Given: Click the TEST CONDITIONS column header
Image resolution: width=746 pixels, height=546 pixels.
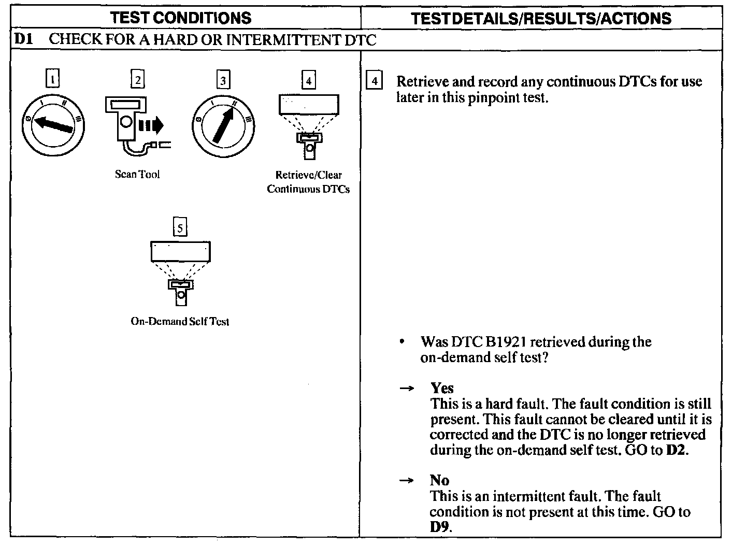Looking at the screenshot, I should click(181, 18).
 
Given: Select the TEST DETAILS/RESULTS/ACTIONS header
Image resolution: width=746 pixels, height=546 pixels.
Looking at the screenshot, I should click(541, 19).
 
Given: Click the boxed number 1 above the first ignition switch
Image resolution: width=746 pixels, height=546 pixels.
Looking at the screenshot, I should click(52, 79).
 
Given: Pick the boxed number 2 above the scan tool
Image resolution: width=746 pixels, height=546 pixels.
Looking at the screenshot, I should click(137, 80).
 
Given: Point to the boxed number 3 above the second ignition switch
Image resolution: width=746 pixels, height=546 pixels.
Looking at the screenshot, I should click(223, 80).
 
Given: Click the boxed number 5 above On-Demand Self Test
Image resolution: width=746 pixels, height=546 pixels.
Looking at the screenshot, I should click(180, 227).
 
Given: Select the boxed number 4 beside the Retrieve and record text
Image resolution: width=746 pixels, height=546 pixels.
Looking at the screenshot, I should click(375, 82).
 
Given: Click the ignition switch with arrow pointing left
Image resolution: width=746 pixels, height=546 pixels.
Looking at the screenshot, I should click(52, 124).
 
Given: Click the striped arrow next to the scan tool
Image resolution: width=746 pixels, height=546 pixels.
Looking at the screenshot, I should click(151, 125).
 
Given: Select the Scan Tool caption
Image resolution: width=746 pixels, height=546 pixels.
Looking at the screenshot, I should click(137, 175).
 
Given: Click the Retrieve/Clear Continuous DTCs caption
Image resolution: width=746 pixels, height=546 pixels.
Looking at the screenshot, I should click(308, 182).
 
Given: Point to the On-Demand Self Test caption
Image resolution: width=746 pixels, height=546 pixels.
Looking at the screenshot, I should click(180, 322).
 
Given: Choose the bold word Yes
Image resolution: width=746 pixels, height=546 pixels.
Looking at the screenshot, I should click(442, 388).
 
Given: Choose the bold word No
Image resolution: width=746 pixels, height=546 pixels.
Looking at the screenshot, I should click(439, 480).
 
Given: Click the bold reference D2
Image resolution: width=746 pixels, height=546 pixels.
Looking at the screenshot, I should click(677, 450).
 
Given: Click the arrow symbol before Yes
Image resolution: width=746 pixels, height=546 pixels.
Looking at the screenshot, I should click(407, 389).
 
